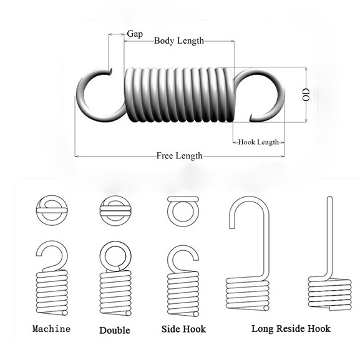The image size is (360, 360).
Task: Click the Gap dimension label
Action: [x=135, y=34]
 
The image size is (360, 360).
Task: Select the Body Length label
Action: [x=179, y=41]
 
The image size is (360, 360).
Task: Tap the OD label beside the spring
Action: [x=306, y=94]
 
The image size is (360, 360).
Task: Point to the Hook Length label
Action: [x=258, y=142]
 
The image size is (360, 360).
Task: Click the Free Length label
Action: [x=179, y=156]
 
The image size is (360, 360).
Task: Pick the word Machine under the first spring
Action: [x=51, y=329]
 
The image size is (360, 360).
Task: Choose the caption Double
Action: [x=115, y=331]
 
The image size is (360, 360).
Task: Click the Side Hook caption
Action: [x=183, y=329]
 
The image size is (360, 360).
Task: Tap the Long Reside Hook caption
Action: [x=291, y=329]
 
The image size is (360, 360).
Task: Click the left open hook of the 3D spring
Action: [x=79, y=97]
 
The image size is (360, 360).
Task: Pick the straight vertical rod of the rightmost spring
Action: [x=329, y=236]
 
